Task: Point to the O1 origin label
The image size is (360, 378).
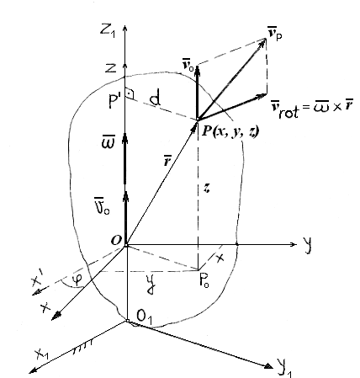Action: click(x=144, y=317)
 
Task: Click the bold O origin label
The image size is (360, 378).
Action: click(x=116, y=240)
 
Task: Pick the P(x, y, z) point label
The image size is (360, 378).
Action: click(x=230, y=131)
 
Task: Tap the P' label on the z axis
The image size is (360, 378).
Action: click(x=115, y=101)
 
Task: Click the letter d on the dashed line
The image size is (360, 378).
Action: click(x=155, y=98)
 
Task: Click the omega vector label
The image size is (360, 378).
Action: click(x=109, y=142)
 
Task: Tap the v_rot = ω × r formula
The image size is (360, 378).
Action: click(x=312, y=109)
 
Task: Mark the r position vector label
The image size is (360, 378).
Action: click(x=168, y=161)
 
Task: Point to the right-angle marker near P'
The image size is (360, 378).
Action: click(x=130, y=93)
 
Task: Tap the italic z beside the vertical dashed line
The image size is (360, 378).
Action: click(x=207, y=189)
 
